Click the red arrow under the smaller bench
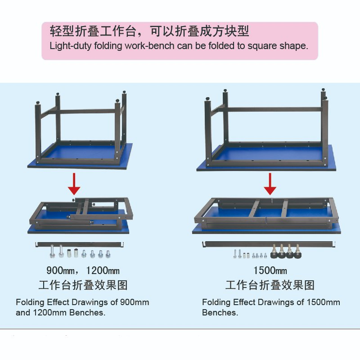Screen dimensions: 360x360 [x=74, y=184]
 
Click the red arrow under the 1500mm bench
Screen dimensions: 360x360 [x=270, y=184]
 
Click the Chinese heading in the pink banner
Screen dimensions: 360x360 [x=149, y=31]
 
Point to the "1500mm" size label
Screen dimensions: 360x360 [x=270, y=270]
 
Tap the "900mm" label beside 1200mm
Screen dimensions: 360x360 [x=61, y=270]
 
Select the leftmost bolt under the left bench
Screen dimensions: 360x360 [x=52, y=251]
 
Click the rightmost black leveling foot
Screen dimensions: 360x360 [x=297, y=252]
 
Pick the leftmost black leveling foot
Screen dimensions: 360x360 [x=274, y=252]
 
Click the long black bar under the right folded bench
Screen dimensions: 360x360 [x=269, y=244]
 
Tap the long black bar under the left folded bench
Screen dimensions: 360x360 [x=80, y=244]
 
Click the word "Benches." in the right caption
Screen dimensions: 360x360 [x=220, y=312]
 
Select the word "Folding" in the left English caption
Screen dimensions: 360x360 [x=30, y=302]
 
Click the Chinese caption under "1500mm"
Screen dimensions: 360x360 [x=270, y=285]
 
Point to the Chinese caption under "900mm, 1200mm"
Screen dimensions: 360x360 [x=83, y=285]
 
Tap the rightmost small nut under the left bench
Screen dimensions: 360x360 [x=108, y=254]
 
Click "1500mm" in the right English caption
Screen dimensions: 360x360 [x=323, y=302]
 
